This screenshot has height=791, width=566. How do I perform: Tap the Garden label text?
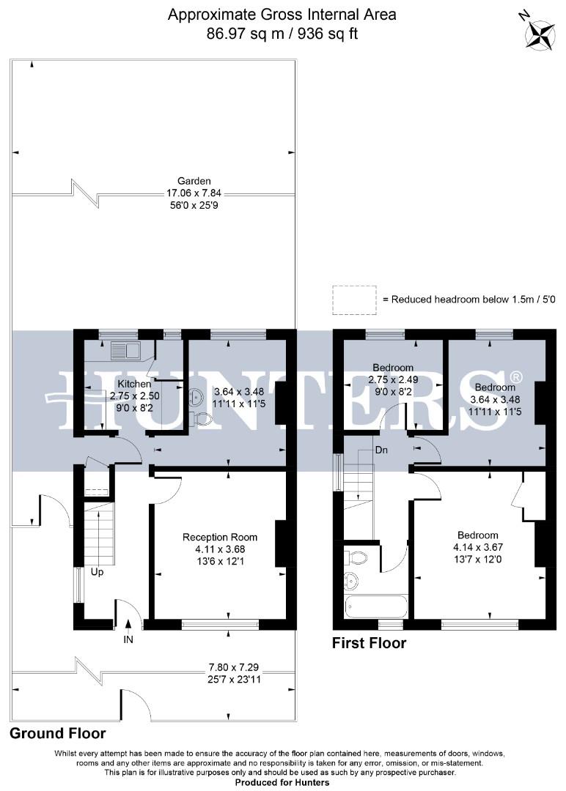coord(194,181)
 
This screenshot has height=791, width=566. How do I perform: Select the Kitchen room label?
coord(134,384)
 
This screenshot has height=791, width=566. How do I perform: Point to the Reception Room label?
coord(220,537)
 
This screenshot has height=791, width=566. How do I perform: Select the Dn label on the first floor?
coord(381,450)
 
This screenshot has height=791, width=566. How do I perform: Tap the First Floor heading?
coord(369,644)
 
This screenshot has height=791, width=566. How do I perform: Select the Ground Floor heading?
coord(57,733)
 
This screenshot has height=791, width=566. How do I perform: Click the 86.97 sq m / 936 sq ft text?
coord(282,33)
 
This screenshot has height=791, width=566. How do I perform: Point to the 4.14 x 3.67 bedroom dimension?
coord(478,546)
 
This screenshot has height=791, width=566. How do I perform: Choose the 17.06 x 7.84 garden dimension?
coord(194,193)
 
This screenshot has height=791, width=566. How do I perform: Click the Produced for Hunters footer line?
coord(282,783)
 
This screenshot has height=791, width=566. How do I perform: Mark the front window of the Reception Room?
coord(220,625)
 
